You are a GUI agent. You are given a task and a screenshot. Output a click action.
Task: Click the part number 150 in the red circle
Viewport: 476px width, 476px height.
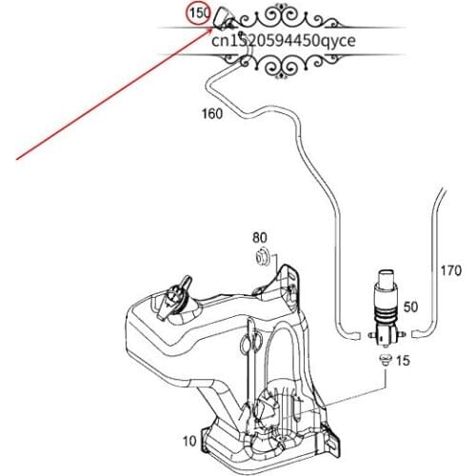tap(199, 15)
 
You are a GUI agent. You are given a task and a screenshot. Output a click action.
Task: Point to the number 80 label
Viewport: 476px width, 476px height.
tap(260, 237)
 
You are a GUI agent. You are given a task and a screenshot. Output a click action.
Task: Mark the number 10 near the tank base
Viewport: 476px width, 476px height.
tap(188, 441)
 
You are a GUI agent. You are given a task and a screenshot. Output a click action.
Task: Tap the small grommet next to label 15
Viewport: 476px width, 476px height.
tap(384, 360)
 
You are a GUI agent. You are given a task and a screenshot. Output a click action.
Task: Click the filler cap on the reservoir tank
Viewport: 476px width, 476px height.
tap(176, 298)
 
